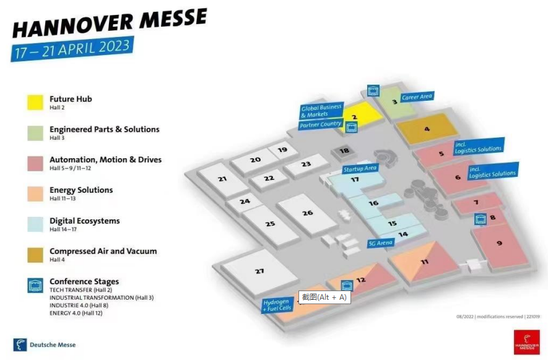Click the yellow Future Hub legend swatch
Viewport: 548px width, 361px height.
point(35,102)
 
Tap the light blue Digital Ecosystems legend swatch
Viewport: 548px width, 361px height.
point(35,224)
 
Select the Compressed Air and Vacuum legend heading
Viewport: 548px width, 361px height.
point(103,251)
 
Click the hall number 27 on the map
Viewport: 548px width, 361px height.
point(259,271)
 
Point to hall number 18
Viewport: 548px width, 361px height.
point(344,151)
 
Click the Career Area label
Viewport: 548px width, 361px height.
point(417,97)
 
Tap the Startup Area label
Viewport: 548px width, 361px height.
point(360,168)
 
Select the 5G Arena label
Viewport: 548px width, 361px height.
point(381,243)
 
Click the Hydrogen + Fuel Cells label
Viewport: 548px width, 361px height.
point(277,305)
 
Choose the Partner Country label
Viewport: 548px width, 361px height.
point(320,124)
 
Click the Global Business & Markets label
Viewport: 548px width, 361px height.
point(321,111)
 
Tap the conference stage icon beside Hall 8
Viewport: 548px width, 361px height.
point(479,219)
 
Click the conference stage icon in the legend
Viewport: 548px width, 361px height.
point(35,285)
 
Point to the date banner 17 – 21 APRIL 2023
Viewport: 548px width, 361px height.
point(72,48)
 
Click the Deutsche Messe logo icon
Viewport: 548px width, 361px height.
point(20,344)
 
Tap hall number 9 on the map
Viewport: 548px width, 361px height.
point(499,243)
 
